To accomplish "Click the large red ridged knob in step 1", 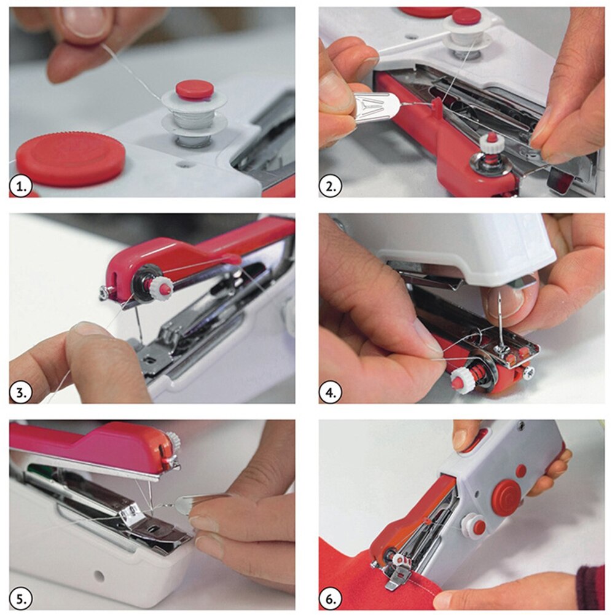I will pyautogui.click(x=71, y=158).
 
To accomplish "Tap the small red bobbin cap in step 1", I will pyautogui.click(x=195, y=89).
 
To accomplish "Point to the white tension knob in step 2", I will pyautogui.click(x=492, y=143).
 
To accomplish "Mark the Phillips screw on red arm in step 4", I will pyautogui.click(x=528, y=372).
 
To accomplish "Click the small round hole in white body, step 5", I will pyautogui.click(x=99, y=575).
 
